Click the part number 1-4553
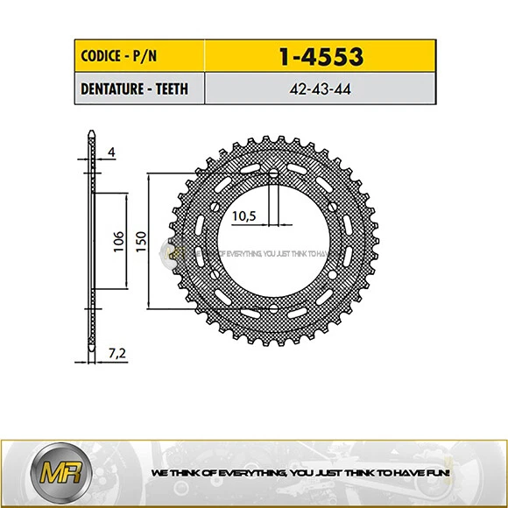pyautogui.click(x=320, y=57)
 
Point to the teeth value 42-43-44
pyautogui.click(x=320, y=88)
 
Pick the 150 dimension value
pyautogui.click(x=141, y=240)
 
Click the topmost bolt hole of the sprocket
pyautogui.click(x=273, y=173)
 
